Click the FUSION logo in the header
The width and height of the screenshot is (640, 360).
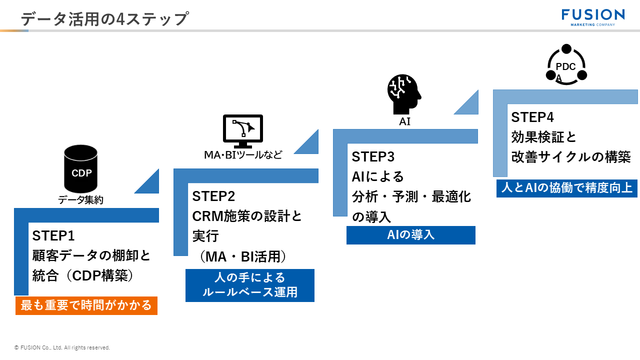pos(592,16)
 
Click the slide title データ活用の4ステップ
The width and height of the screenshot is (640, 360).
pos(104,19)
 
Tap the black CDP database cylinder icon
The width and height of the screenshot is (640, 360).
pos(81,169)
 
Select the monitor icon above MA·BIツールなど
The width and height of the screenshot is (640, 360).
pos(242,130)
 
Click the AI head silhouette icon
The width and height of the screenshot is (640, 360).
pos(404,94)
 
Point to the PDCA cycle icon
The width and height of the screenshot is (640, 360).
pos(566,65)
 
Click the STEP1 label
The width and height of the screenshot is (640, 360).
pos(53,235)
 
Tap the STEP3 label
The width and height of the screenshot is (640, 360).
pos(373,157)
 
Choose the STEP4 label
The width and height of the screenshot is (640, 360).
pos(532,117)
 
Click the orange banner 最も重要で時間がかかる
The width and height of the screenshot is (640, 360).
pos(86,305)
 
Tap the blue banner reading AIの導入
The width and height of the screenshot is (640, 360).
pos(410,235)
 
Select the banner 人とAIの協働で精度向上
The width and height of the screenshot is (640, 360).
pos(566,188)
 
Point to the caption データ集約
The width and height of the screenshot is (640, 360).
pos(81,200)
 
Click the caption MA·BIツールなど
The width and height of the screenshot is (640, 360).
pos(243,155)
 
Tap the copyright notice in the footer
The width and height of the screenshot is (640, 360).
pos(62,347)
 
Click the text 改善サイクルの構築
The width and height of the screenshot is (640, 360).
pos(570,157)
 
